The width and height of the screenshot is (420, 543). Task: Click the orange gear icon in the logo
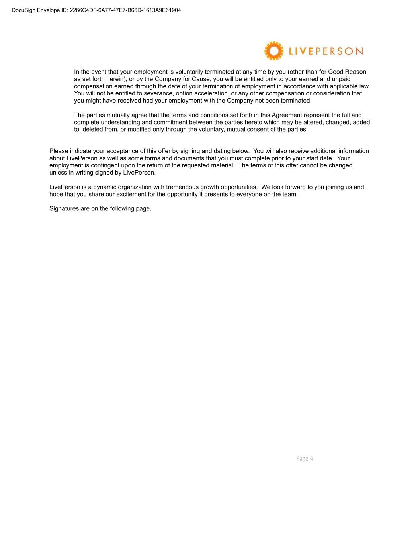274,51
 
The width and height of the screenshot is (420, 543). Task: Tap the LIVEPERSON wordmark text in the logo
326,51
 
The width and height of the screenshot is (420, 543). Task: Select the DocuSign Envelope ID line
96,10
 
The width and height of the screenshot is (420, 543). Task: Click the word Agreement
287,115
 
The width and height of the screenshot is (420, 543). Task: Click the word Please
59,151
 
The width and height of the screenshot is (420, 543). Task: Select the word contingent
95,165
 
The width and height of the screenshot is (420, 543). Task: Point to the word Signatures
64,208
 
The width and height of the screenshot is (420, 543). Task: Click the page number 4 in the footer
311,459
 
